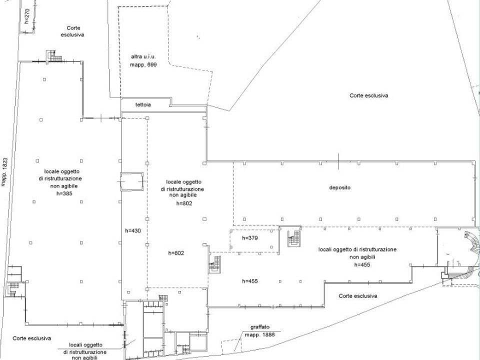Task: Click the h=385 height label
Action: [x=64, y=193]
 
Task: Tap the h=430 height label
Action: [x=133, y=231]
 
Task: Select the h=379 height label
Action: [x=250, y=238]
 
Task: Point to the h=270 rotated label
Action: [x=27, y=16]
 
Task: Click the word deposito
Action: [x=340, y=187]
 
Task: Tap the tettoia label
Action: [x=143, y=104]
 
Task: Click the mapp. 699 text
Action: [x=143, y=65]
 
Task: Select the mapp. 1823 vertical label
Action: [x=4, y=172]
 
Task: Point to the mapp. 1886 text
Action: [x=260, y=334]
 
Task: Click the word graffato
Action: [x=260, y=327]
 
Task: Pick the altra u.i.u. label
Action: [x=143, y=56]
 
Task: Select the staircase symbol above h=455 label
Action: [x=215, y=264]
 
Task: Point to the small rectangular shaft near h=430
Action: [x=131, y=181]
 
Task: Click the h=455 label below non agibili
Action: [x=362, y=265]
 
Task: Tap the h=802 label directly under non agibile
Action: [x=184, y=203]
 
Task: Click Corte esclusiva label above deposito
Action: [x=369, y=95]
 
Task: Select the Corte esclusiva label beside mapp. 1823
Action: [x=32, y=338]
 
